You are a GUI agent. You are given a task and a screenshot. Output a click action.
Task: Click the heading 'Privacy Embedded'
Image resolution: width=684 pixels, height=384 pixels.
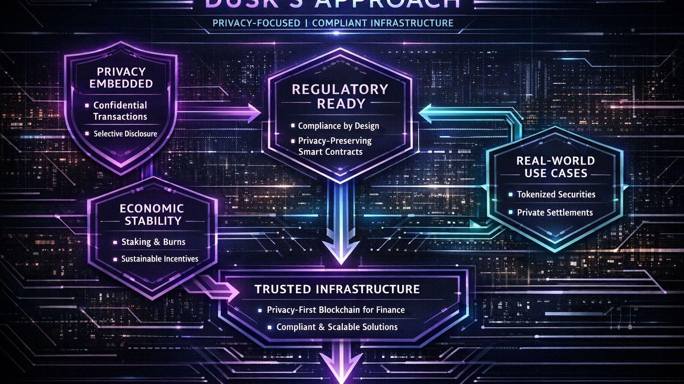click(x=121, y=77)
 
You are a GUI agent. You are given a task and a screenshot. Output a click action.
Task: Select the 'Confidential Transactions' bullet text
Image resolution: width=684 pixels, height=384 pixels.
click(x=120, y=111)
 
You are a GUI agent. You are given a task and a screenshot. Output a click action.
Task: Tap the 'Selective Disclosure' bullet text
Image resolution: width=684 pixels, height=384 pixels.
click(x=125, y=133)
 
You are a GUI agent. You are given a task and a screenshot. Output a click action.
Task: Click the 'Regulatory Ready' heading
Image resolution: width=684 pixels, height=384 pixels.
click(x=340, y=96)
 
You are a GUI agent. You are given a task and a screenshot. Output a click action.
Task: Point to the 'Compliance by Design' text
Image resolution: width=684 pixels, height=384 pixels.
click(x=338, y=126)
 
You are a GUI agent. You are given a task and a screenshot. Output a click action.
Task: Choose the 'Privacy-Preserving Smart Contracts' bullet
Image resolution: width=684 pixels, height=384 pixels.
click(x=334, y=146)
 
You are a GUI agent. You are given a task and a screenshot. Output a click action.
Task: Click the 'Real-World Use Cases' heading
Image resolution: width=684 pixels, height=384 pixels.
click(x=555, y=167)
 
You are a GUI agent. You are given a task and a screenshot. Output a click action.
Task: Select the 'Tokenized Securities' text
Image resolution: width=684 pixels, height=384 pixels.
click(x=556, y=194)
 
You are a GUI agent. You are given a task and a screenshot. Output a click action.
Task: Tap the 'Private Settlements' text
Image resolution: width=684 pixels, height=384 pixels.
click(x=554, y=213)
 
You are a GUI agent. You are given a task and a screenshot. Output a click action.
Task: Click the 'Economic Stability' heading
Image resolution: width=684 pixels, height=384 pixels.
click(x=152, y=214)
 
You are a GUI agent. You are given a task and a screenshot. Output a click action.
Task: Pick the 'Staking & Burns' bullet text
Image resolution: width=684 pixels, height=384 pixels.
click(x=153, y=242)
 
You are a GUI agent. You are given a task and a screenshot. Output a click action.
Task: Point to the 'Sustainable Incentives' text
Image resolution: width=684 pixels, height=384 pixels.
click(x=159, y=259)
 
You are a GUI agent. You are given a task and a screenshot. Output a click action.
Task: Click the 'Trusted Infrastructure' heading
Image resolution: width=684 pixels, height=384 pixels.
click(x=337, y=289)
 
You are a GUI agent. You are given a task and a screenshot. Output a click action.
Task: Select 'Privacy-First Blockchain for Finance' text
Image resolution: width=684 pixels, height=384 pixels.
click(x=335, y=310)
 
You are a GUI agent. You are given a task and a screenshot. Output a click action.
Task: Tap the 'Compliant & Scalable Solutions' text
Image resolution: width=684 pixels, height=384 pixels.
click(x=337, y=327)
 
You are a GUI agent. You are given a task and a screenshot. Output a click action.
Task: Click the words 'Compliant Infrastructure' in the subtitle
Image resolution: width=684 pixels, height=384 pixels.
click(x=383, y=23)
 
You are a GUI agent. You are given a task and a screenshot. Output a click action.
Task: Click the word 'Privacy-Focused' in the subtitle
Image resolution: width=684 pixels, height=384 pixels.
click(x=256, y=23)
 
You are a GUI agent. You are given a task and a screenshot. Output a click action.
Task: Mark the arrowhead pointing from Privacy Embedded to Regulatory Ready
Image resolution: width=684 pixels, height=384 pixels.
click(x=254, y=113)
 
